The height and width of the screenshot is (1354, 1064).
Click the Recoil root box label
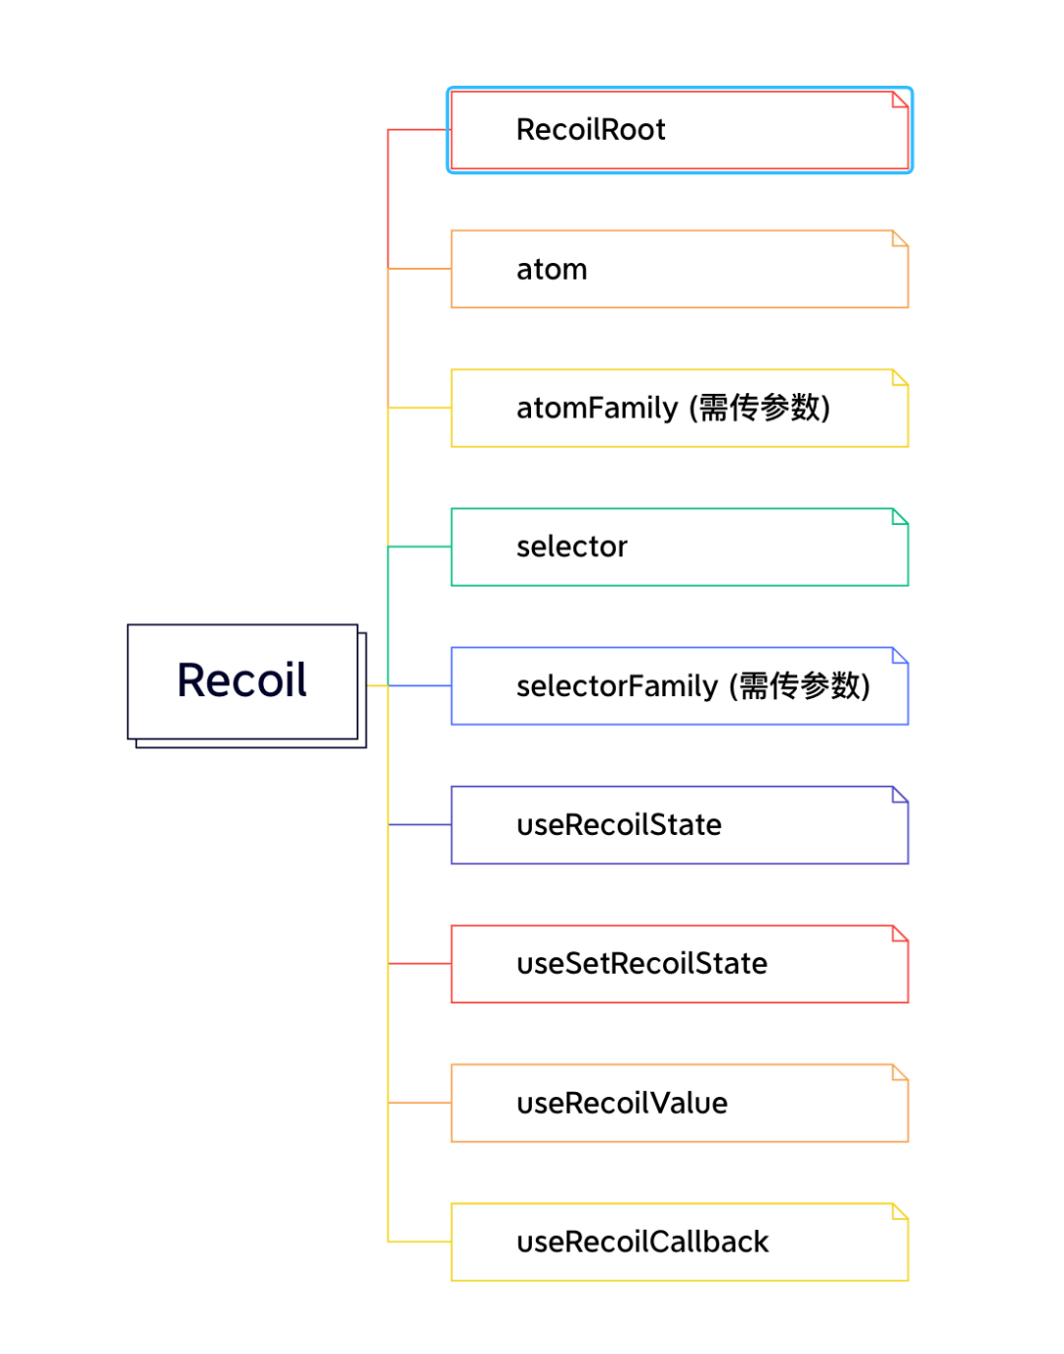tap(241, 679)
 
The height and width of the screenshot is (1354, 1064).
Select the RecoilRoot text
tap(590, 130)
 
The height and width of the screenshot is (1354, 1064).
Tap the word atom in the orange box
tap(552, 269)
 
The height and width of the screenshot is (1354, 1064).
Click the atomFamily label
tap(596, 409)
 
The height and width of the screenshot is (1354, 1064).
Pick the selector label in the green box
tap(571, 547)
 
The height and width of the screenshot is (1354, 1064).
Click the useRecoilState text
tap(619, 825)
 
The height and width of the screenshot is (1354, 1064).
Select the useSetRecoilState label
tap(642, 964)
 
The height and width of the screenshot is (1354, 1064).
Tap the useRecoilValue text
tap(622, 1103)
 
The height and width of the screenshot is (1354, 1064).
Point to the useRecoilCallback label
tap(642, 1242)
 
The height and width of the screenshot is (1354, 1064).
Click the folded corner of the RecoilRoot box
tap(899, 99)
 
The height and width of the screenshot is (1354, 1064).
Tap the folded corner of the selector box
tap(899, 517)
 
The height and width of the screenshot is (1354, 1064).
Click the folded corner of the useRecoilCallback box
tap(899, 1211)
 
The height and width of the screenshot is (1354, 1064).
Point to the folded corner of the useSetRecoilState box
tap(899, 934)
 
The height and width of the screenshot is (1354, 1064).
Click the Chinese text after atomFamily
tap(760, 408)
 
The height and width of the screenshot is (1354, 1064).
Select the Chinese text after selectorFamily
tap(800, 686)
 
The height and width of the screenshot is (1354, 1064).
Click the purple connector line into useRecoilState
tap(420, 824)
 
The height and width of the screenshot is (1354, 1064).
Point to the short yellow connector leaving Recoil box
tap(377, 685)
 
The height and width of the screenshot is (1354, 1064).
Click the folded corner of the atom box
tap(899, 238)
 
